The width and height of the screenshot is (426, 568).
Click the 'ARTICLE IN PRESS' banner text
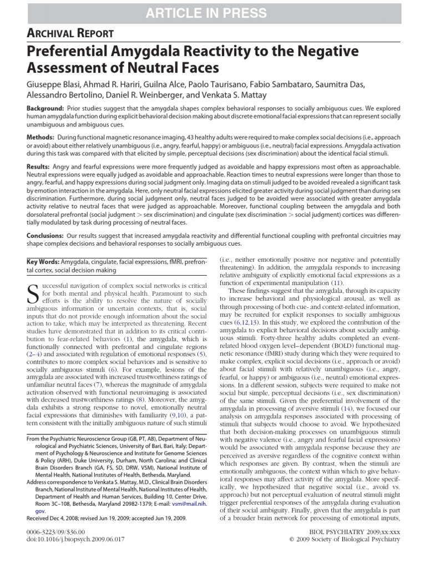[x=213, y=13]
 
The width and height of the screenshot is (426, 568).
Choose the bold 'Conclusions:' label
[x=47, y=235]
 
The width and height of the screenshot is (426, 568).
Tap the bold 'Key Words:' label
[x=43, y=261]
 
